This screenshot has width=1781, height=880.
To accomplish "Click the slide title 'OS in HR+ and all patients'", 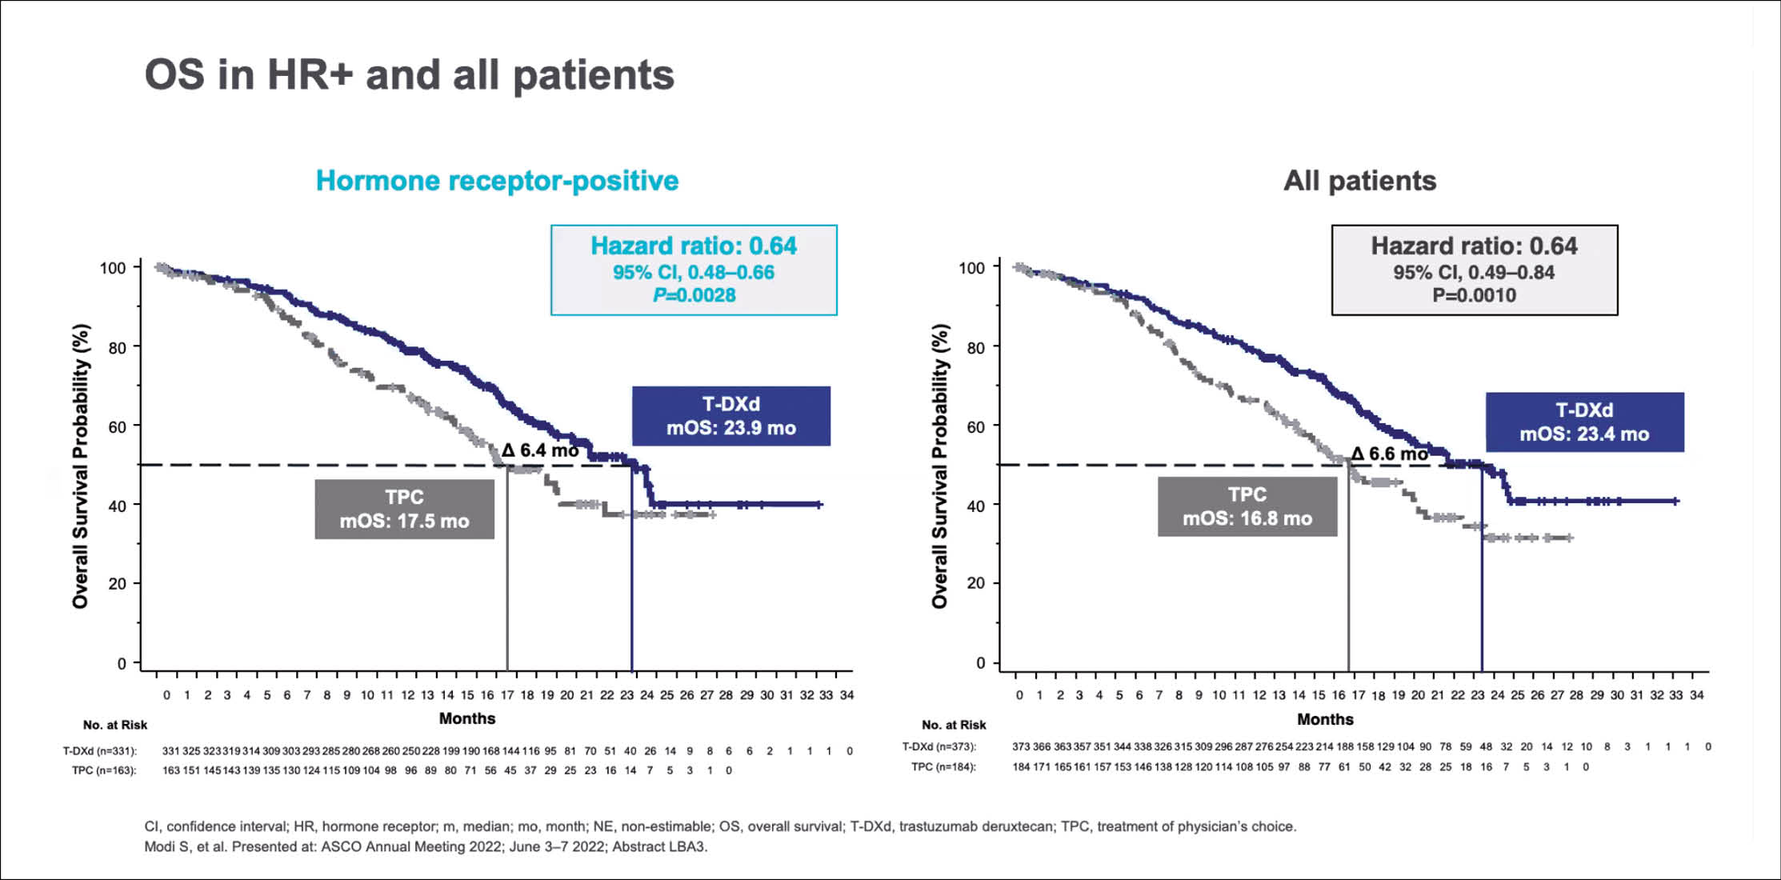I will pos(409,75).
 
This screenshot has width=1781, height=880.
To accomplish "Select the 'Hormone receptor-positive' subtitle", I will pos(497,181).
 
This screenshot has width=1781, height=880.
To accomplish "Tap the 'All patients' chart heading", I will pos(1359,181).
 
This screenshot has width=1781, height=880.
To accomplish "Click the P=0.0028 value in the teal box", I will pos(694,295).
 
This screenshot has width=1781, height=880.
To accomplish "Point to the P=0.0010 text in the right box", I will pos(1474,295).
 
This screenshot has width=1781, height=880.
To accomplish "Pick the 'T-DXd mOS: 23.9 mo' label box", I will pos(730,416).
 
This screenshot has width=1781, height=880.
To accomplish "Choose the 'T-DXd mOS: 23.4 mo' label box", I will pos(1584,422).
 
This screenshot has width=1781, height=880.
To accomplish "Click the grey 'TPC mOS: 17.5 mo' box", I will pos(404,509).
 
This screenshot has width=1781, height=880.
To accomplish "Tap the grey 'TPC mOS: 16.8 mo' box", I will pos(1247,506).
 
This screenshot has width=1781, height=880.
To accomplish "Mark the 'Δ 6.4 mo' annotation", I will pos(540,450).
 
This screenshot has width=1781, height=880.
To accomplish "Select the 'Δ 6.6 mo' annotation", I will pos(1389,454).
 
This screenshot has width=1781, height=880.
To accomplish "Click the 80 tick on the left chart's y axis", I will pos(118,347).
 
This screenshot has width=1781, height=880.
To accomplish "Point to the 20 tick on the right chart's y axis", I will pos(975,583).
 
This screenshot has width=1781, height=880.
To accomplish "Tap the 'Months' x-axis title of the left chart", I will pos(466,718).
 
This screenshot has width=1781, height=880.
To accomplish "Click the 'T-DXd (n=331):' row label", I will pos(100,751).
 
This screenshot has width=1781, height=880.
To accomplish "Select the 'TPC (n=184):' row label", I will pos(943,767).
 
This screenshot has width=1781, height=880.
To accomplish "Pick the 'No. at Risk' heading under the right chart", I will pos(954,725).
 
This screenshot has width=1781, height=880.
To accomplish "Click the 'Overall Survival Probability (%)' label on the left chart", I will pos(80,466).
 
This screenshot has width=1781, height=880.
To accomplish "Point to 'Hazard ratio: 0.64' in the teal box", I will pos(694,246).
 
